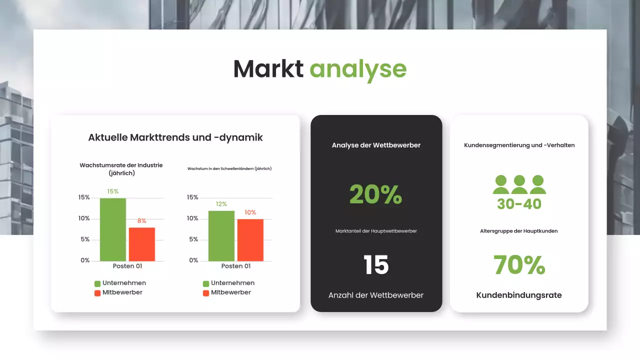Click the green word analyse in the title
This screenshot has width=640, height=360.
point(357,69)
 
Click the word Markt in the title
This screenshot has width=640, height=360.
point(268,68)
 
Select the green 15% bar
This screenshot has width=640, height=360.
point(112,229)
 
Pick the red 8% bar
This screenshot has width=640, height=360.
point(142,244)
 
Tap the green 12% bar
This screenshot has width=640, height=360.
point(221,235)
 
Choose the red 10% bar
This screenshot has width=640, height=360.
point(250,240)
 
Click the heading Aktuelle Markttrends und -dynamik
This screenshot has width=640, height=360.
point(175,137)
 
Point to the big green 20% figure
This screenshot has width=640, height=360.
point(375,194)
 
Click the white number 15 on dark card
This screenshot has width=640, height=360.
point(376,265)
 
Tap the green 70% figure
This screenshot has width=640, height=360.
point(519,265)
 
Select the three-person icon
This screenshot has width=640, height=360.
point(519,184)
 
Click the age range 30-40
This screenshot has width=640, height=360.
point(519,204)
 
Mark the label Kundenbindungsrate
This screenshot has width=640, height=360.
point(519,295)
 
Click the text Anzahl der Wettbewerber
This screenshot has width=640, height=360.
point(376,295)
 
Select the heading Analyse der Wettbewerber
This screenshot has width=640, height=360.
point(376,145)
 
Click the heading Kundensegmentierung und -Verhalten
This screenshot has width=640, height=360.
point(519,145)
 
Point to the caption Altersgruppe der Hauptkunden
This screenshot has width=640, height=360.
point(519,231)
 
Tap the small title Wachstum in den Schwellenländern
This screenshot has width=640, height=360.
point(229,169)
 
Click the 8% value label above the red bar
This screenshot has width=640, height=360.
point(142,220)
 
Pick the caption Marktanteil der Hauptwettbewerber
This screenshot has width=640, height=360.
point(376,231)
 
